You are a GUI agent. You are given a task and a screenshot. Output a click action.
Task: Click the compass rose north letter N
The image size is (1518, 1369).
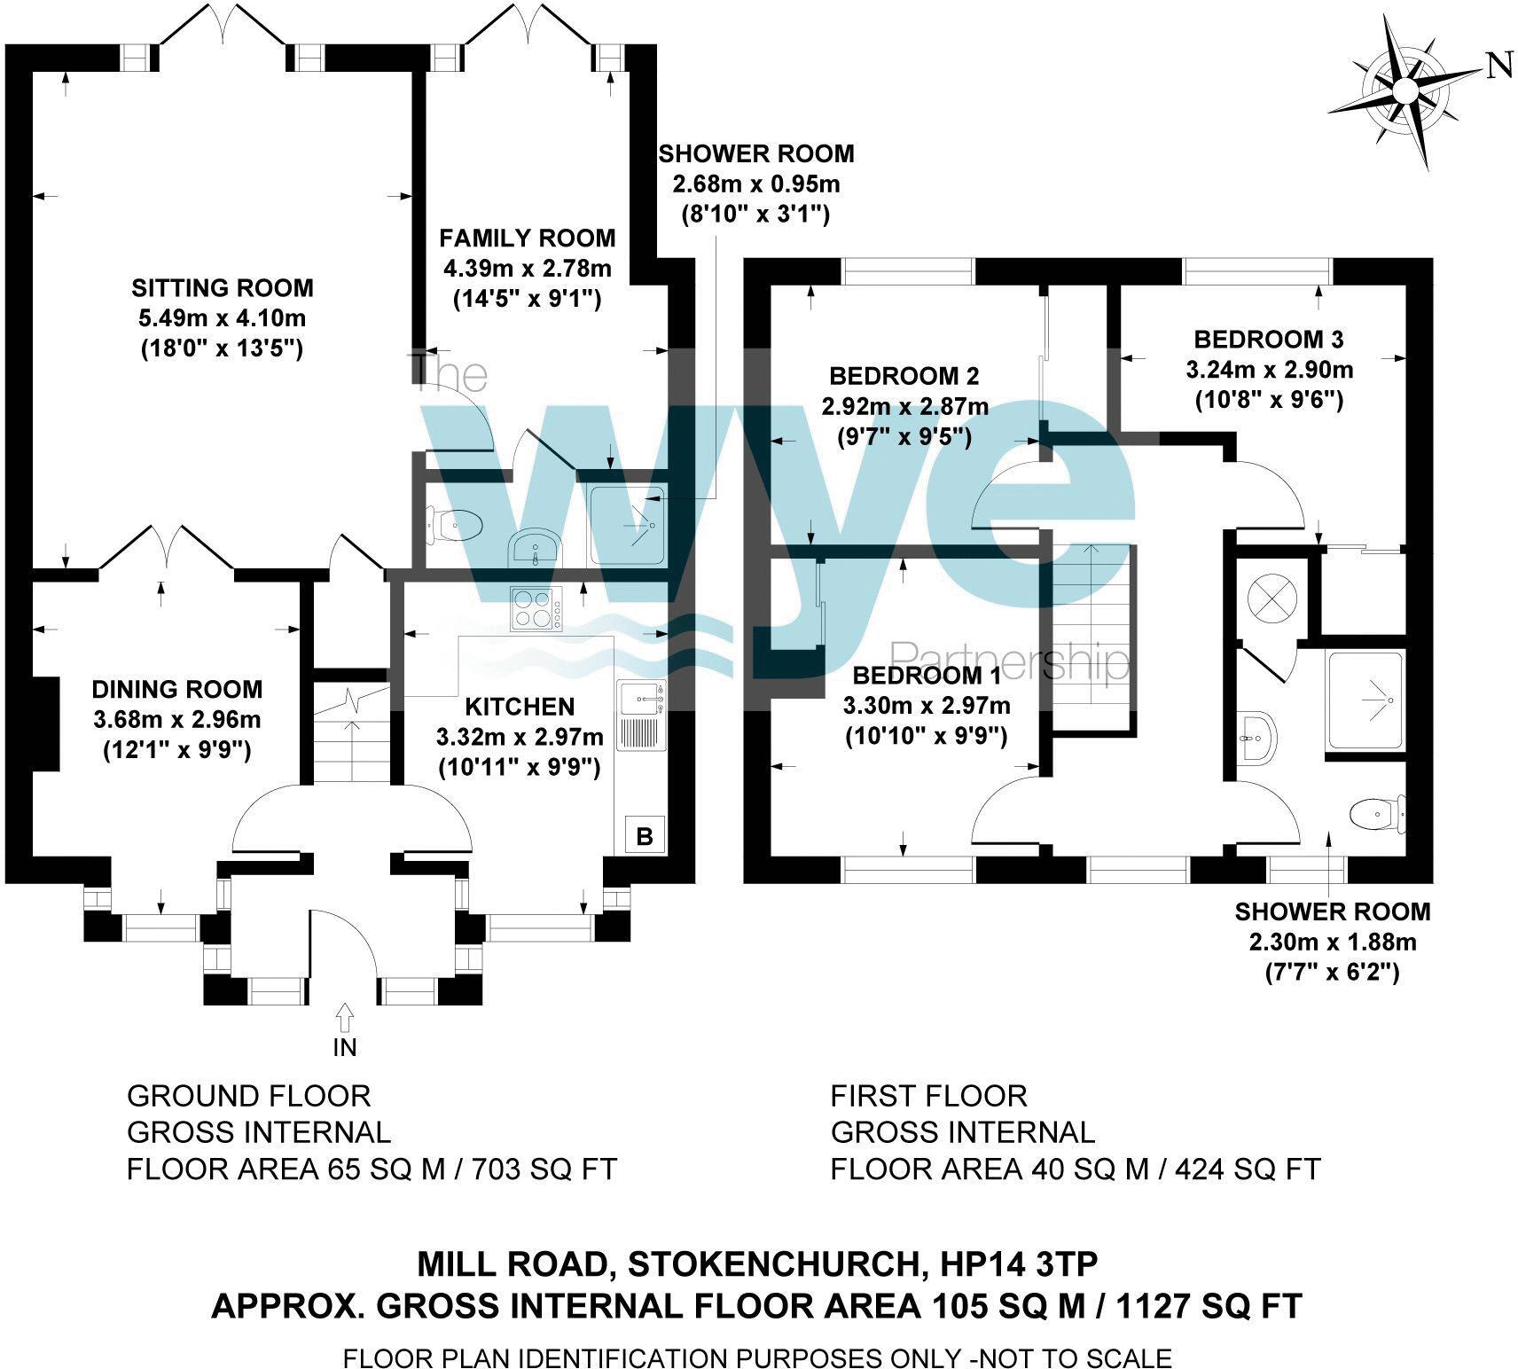(1498, 66)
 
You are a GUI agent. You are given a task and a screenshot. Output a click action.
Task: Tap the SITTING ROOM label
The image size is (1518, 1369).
(223, 287)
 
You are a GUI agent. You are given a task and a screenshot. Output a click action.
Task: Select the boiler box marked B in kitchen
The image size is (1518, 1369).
(645, 835)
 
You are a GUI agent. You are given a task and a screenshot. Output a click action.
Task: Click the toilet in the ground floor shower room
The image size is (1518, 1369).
(456, 525)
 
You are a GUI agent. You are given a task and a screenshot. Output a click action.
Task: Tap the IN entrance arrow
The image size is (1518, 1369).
(344, 1016)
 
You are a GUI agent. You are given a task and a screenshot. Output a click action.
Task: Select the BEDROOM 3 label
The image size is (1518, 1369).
(1268, 339)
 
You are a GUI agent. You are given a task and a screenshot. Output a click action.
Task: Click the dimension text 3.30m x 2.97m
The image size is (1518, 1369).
(926, 706)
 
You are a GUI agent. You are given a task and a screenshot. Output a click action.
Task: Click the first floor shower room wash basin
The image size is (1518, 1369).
(1257, 736)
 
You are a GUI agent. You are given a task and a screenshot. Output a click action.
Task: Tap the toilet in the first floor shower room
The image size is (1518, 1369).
(1376, 813)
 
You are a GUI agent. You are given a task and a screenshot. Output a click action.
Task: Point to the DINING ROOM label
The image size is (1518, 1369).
(177, 689)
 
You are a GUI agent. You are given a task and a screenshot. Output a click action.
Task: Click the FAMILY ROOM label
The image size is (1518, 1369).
(527, 238)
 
